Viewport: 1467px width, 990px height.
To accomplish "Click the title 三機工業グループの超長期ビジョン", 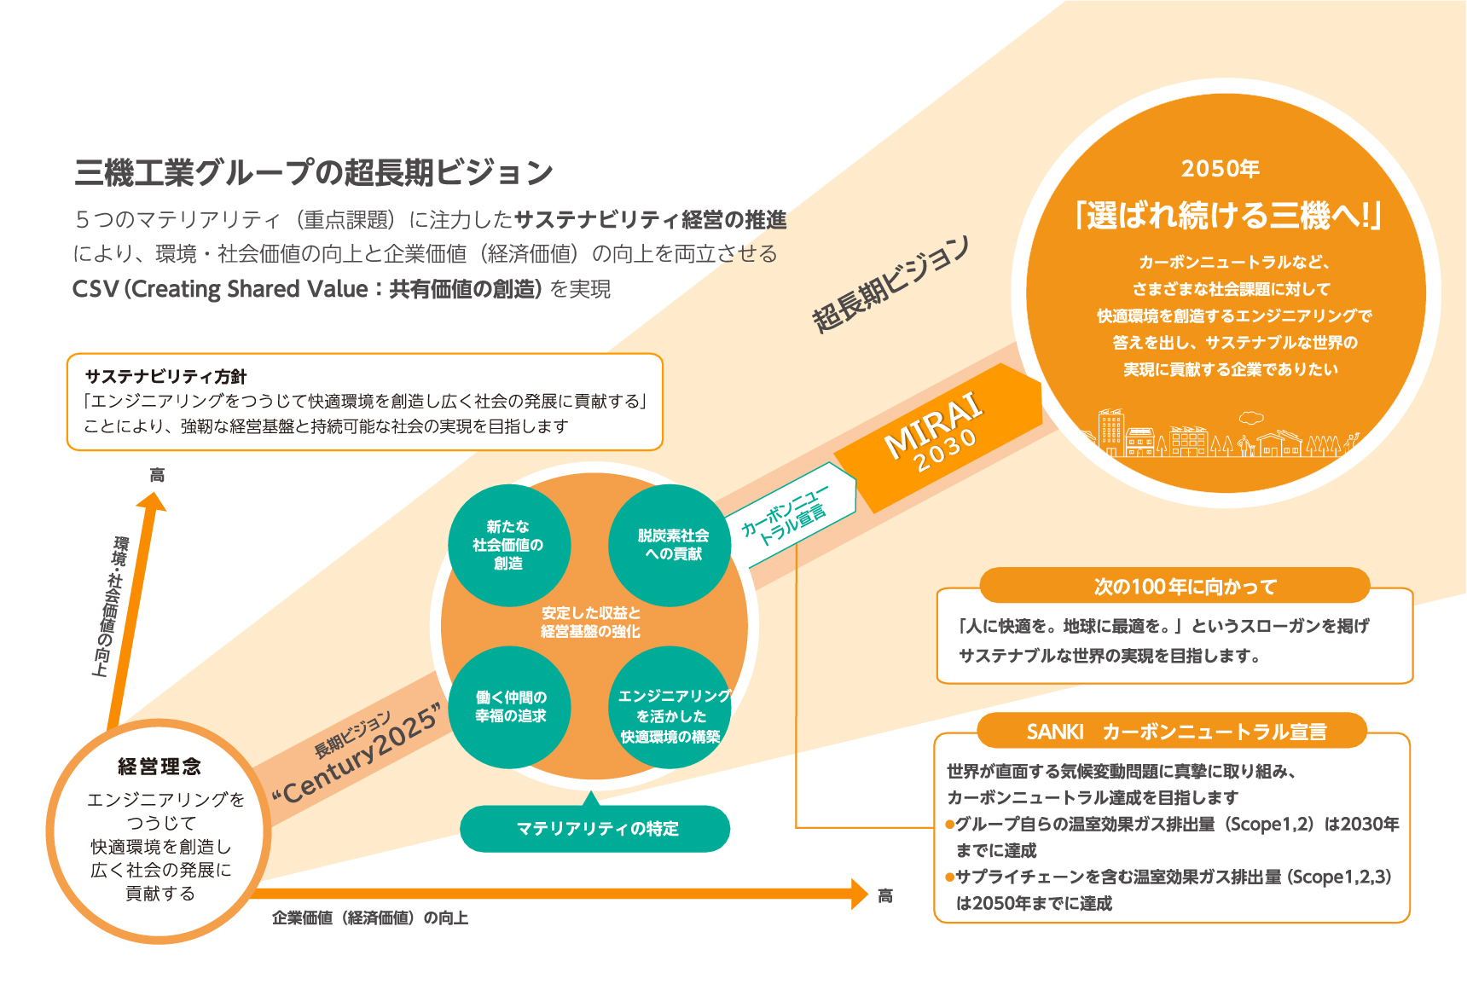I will [314, 173].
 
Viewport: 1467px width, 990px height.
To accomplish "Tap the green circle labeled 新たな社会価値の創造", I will [508, 545].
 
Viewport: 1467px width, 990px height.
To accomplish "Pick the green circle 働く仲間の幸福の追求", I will [510, 707].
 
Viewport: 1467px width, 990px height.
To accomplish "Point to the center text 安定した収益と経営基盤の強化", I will [590, 622].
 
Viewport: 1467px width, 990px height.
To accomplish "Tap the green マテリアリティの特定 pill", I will [595, 829].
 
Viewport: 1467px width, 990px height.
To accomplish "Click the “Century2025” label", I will [358, 755].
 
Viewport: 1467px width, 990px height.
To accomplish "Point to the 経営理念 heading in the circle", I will [159, 767].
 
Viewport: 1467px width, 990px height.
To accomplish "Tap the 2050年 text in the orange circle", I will [1221, 169].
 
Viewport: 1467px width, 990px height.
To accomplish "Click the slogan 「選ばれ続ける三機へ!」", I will [1229, 216].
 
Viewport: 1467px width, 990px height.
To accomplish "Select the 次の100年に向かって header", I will [1185, 587].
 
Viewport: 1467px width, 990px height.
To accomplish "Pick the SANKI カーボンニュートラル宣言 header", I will [1176, 732].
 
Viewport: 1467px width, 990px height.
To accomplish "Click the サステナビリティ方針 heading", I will [165, 377].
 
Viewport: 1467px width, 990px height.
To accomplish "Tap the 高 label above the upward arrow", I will [157, 475].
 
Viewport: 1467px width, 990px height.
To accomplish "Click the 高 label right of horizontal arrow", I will [885, 895].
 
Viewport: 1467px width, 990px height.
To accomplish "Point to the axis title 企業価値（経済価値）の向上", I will [370, 918].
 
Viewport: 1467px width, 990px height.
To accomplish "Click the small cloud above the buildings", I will [1251, 418].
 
